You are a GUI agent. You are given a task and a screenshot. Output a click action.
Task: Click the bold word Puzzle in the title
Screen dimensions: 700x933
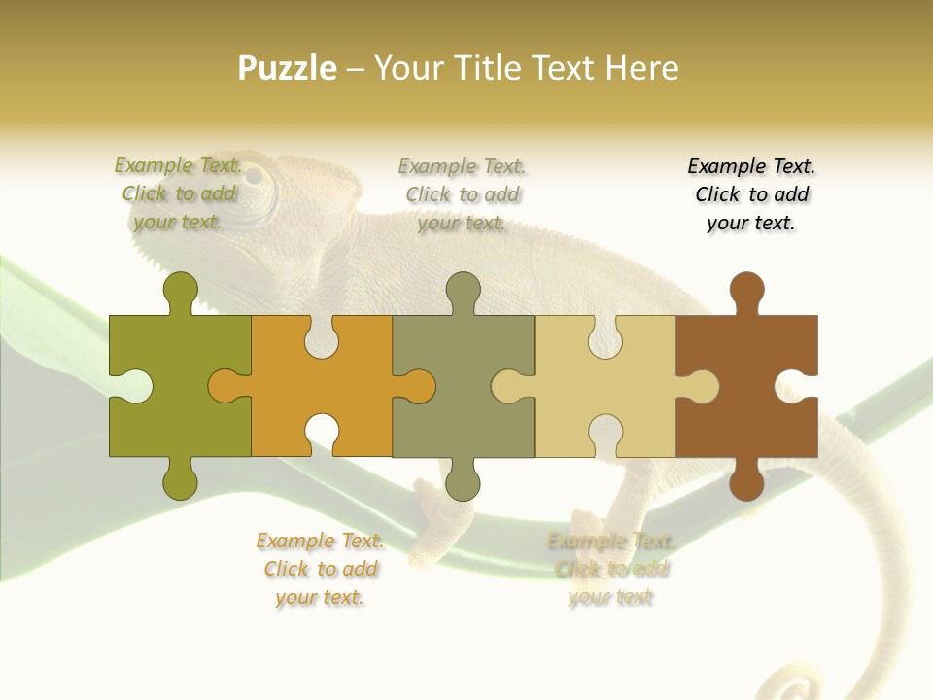click(x=287, y=69)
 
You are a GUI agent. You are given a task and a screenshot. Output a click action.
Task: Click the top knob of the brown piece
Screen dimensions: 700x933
click(x=746, y=293)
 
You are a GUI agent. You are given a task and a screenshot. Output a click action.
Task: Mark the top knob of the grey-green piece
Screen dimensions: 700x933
click(x=463, y=293)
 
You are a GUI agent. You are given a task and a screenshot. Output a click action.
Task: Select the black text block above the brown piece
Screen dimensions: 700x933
click(x=751, y=194)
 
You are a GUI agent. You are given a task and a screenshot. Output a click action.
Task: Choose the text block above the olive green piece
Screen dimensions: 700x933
click(x=179, y=194)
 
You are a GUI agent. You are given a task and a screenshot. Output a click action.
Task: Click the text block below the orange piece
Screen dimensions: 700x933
click(x=320, y=569)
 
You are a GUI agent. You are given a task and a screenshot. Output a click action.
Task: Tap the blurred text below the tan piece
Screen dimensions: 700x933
click(x=610, y=569)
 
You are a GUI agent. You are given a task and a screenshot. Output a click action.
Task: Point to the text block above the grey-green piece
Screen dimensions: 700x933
click(x=463, y=194)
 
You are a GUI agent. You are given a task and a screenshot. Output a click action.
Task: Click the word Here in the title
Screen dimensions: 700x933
click(x=641, y=69)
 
